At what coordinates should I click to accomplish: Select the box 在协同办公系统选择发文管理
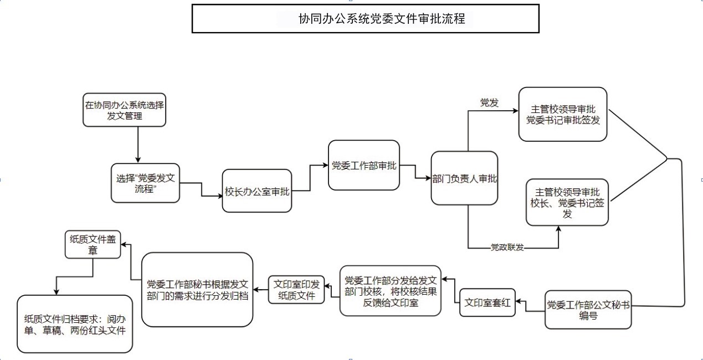pos(124,110)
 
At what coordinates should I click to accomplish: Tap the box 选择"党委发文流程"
pos(146,183)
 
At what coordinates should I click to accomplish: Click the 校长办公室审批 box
pos(257,191)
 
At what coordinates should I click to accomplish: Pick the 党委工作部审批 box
pos(363,166)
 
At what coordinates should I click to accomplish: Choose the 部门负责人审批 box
pos(464,178)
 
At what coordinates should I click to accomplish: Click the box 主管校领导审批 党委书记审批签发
pos(562,114)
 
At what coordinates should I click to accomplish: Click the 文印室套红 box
pos(488,303)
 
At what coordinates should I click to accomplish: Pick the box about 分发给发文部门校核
pos(391,291)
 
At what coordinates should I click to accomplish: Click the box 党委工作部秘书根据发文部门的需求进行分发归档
pos(197,290)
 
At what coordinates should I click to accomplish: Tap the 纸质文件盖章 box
pos(93,244)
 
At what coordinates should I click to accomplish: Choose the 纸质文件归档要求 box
pos(75,324)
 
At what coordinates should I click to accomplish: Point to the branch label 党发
pos(489,102)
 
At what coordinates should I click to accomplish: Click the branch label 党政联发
pos(507,247)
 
